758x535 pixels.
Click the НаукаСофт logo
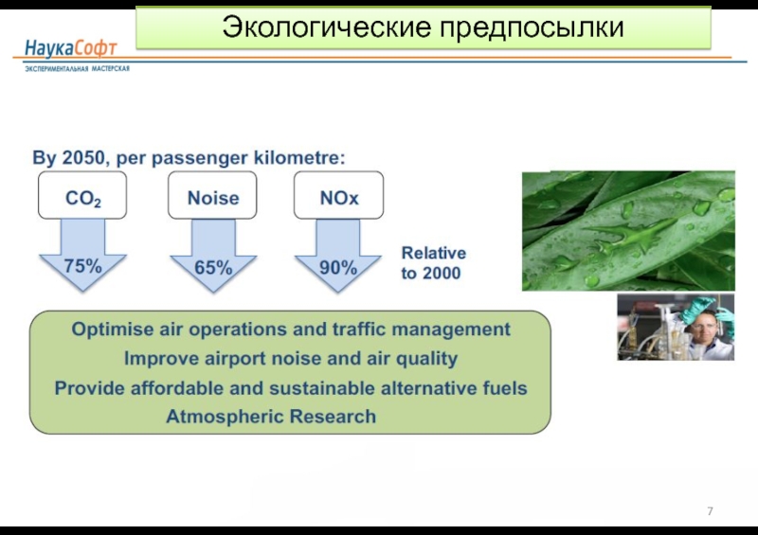(70, 48)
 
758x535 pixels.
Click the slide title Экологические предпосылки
(423, 27)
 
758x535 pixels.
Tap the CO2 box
(82, 195)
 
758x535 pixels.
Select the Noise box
(212, 195)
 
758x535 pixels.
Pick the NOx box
(338, 195)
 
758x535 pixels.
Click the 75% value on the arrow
(82, 266)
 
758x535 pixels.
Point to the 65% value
(213, 267)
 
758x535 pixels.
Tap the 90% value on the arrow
(338, 267)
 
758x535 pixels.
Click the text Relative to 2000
(433, 263)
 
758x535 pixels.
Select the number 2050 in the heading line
(83, 157)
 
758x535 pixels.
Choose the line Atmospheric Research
(271, 416)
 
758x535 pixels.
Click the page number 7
(710, 510)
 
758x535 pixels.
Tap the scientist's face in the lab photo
(702, 331)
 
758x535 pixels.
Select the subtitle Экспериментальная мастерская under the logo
(78, 68)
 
